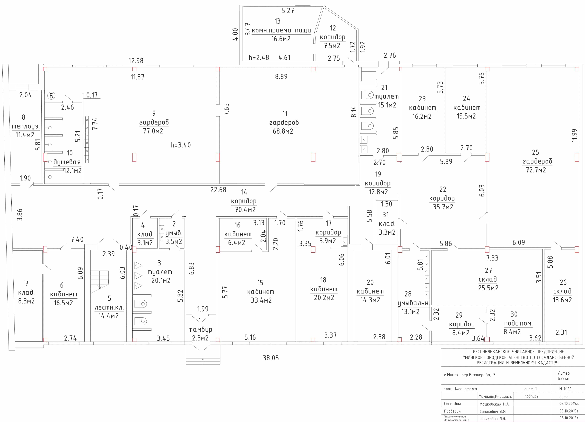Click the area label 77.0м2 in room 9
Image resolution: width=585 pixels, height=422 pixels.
click(153, 131)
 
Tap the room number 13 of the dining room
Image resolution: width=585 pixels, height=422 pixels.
click(278, 21)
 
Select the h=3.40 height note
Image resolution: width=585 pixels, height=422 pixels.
click(181, 145)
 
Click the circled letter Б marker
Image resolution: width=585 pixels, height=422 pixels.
click(51, 96)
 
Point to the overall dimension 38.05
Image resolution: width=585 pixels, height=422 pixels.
click(271, 358)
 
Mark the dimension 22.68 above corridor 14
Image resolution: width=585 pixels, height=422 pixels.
click(218, 190)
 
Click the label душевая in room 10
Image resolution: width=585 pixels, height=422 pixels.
click(67, 162)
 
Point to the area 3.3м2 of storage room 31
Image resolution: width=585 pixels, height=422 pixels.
click(387, 233)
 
